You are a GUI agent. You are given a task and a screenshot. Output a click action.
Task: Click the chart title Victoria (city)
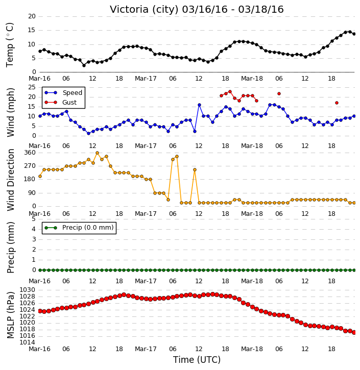[x=145, y=10]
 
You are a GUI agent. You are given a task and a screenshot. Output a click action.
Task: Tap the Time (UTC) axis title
[x=197, y=360]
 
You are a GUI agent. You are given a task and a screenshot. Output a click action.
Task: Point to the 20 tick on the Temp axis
[x=32, y=16]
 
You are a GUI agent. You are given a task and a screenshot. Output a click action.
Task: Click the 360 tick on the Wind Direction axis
[x=30, y=153]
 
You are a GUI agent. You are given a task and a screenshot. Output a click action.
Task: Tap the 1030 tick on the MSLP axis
[x=28, y=290]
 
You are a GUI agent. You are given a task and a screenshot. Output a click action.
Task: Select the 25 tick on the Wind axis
[x=32, y=87]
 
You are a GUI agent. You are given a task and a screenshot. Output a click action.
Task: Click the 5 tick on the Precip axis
[x=34, y=219]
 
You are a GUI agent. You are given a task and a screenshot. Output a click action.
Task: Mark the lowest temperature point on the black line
[x=84, y=65]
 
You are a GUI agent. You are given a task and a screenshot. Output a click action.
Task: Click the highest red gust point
[x=230, y=91]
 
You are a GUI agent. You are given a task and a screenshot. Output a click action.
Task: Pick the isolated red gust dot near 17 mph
[x=337, y=103]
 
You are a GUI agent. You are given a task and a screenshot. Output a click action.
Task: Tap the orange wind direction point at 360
[x=97, y=153]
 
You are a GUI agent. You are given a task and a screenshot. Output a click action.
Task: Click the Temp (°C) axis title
[x=10, y=45]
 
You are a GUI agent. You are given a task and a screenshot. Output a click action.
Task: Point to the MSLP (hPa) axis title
[x=10, y=315]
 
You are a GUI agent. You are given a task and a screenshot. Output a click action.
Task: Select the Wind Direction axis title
[x=10, y=180]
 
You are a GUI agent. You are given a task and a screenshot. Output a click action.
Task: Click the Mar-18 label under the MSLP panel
[x=252, y=349]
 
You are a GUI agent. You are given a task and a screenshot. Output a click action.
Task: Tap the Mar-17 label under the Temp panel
[x=146, y=79]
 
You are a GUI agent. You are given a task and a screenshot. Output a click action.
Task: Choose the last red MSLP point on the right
[x=354, y=332]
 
